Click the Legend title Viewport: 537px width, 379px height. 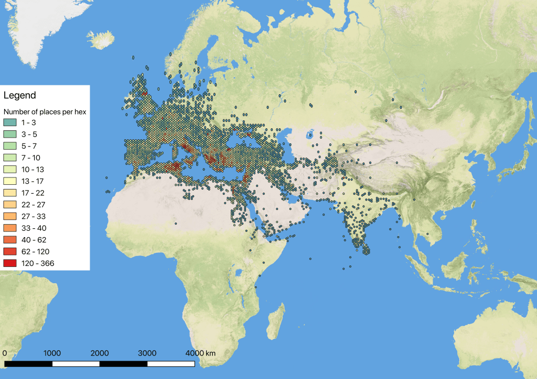20,95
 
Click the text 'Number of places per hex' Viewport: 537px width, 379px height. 45,112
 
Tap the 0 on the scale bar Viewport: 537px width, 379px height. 5,353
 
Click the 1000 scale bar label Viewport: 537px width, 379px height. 52,353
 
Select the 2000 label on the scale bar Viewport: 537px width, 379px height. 100,353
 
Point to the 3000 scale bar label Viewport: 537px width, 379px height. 147,353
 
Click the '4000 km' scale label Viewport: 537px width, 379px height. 200,353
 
